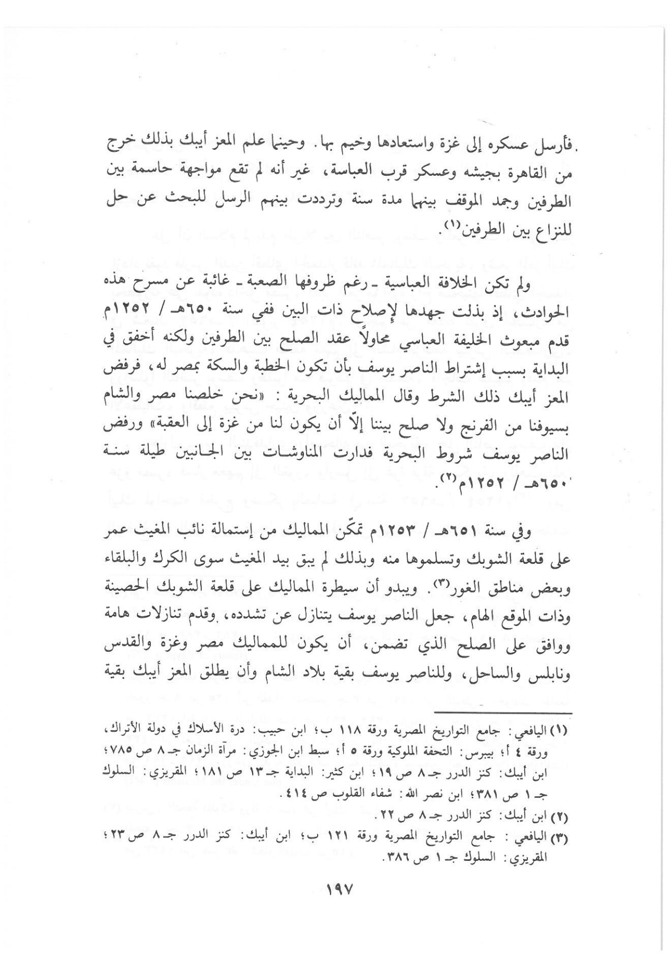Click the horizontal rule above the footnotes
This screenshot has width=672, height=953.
pos(503,712)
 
